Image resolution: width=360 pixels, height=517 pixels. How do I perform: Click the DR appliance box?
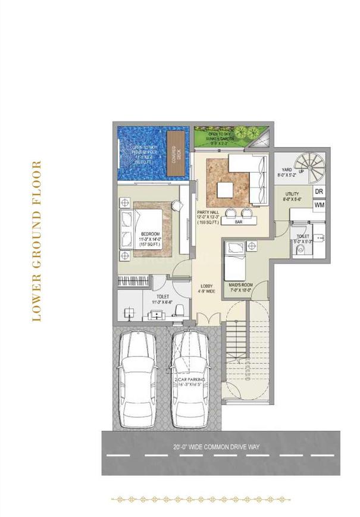coord(319,192)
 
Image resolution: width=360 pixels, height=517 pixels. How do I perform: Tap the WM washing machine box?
coord(320,205)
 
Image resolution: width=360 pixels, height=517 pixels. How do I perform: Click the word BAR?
coord(239,221)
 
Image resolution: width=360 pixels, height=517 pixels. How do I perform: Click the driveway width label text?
coord(217,446)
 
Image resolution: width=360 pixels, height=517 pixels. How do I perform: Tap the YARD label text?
coord(286,173)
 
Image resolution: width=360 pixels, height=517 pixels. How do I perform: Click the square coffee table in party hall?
coord(226,190)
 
